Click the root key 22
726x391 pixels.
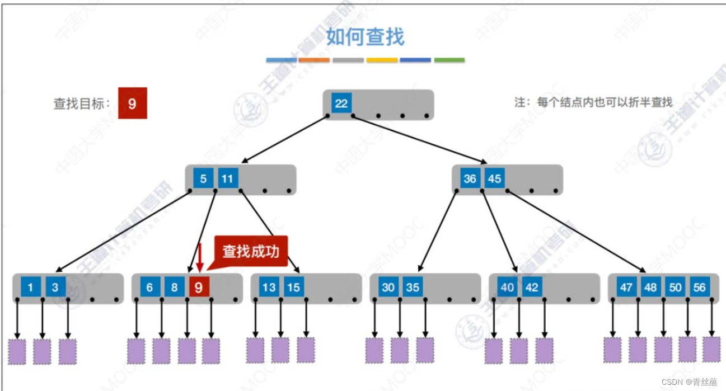tap(341, 103)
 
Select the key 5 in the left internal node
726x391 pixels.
tap(203, 179)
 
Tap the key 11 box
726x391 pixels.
tap(227, 179)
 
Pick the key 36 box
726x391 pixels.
tap(470, 179)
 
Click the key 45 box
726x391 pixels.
tap(494, 179)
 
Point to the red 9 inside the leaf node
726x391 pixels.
tap(199, 288)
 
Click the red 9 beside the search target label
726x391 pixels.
tap(132, 103)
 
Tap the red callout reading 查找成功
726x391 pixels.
tap(250, 252)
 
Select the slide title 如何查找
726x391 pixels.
tap(365, 37)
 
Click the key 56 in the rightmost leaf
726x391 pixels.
tap(699, 288)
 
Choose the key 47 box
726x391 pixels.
tap(626, 288)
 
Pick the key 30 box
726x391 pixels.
tap(388, 288)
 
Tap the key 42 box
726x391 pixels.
tap(532, 288)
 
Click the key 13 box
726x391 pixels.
tap(269, 288)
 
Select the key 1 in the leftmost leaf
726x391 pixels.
tap(30, 288)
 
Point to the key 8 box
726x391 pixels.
tap(174, 288)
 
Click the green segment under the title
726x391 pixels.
tap(449, 60)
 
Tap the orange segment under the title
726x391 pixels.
tap(314, 60)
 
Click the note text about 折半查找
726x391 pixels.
tap(593, 102)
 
